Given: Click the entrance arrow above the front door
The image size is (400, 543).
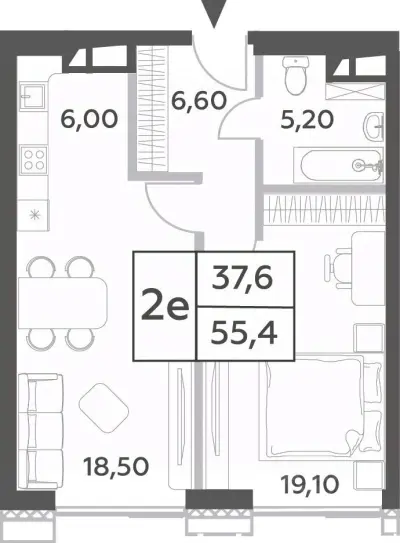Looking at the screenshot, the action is click(214, 13).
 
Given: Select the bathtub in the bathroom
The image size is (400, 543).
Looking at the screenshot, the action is click(339, 166).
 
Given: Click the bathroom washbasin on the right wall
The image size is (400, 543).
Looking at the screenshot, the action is click(375, 127).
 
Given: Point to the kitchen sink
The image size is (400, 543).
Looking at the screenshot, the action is click(33, 96).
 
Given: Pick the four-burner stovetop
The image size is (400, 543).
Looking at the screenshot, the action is click(34, 159).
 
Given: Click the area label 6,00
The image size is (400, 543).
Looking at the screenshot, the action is click(89, 119).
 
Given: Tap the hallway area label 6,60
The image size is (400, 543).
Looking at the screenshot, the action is click(199, 101).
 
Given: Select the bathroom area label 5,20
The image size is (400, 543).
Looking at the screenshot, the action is click(307, 120).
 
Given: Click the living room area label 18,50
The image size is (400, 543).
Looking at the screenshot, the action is click(116, 466).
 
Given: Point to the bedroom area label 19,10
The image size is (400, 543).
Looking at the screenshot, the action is click(309, 484).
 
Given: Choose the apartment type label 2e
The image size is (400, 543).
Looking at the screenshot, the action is click(165, 306).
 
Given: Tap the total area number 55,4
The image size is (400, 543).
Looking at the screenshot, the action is click(245, 334).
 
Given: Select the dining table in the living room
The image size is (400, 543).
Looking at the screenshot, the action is click(62, 303).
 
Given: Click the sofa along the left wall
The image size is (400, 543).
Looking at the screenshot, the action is click(40, 431).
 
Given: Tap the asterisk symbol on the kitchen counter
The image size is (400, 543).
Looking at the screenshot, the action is click(34, 215).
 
